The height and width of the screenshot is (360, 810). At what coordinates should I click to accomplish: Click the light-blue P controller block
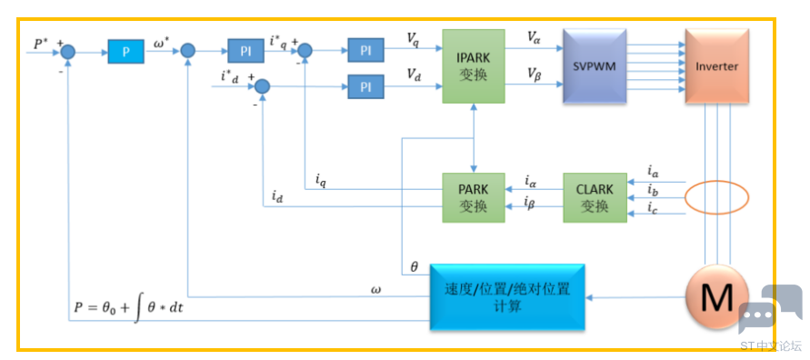[x=125, y=51]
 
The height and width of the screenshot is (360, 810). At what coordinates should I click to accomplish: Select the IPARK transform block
[x=474, y=66]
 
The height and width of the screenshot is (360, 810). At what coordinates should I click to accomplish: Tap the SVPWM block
[x=594, y=66]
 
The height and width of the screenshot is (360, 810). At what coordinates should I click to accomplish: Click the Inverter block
[x=716, y=66]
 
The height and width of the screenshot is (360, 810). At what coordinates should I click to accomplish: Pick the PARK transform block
[x=474, y=198]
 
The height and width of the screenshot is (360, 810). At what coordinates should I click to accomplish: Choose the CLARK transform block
[x=595, y=198]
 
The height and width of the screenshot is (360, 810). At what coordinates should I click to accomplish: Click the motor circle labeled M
[x=717, y=298]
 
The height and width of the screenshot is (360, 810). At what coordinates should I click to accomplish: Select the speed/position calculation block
[x=507, y=297]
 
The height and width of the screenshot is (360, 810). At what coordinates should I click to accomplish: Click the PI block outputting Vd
[x=365, y=86]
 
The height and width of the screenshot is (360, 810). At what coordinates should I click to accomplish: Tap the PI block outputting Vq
[x=365, y=51]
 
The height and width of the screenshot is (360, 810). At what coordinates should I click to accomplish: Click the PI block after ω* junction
[x=245, y=51]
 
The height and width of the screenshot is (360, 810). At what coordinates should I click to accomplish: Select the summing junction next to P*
[x=68, y=51]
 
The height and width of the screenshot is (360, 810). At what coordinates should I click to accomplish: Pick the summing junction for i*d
[x=263, y=85]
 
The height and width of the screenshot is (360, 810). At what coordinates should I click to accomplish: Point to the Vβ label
[x=534, y=74]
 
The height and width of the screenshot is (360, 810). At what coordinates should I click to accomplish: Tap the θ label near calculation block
[x=414, y=267]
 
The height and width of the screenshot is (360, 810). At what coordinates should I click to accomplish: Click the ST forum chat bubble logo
[x=770, y=309]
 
